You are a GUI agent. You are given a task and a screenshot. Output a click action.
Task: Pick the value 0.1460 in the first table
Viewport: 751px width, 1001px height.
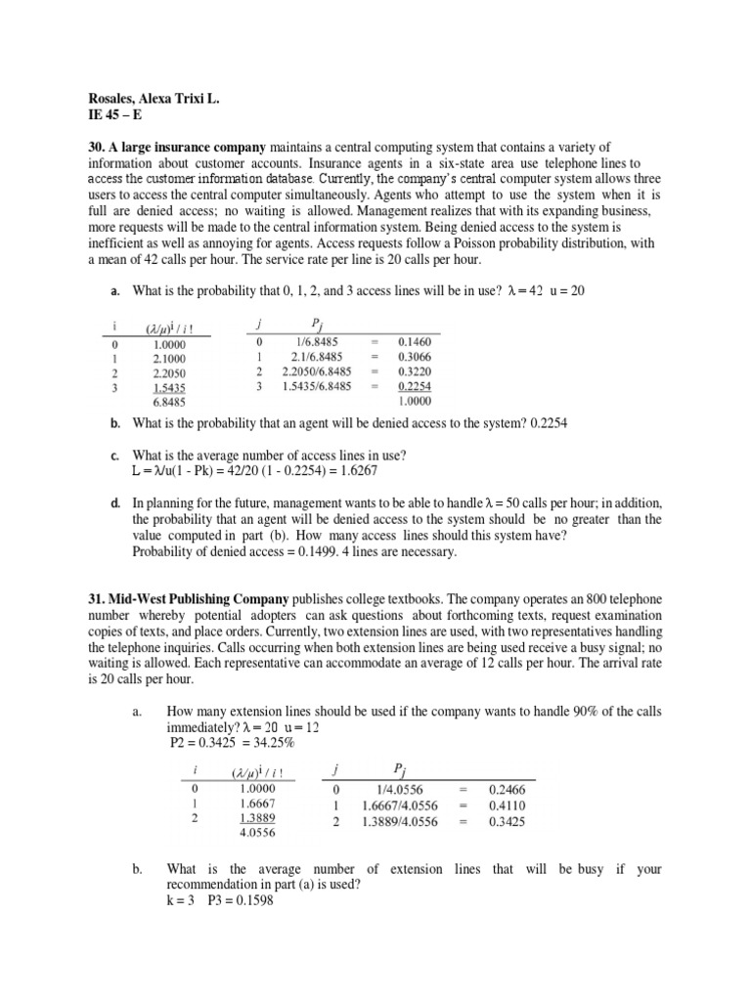(416, 343)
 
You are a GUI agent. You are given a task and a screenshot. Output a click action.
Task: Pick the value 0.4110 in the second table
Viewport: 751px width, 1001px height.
(507, 805)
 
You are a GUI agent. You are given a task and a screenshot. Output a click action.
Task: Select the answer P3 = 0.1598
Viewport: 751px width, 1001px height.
(241, 901)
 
